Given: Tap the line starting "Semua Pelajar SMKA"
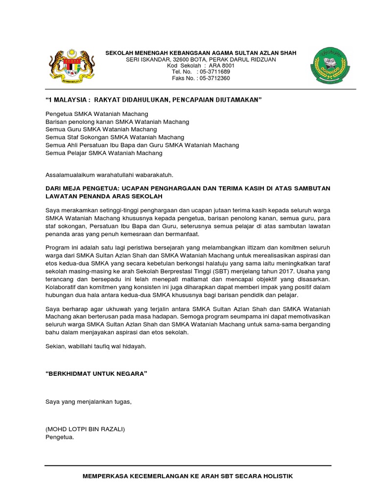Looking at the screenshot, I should click(x=104, y=153).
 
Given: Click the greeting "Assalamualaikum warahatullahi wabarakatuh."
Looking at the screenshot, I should click(x=109, y=175).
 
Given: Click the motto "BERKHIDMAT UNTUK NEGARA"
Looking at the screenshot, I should click(x=96, y=373).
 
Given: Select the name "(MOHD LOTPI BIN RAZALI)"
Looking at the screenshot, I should click(x=85, y=429).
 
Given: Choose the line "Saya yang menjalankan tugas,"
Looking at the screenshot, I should click(x=89, y=401).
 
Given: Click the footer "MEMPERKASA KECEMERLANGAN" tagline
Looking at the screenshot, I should click(x=188, y=476).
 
